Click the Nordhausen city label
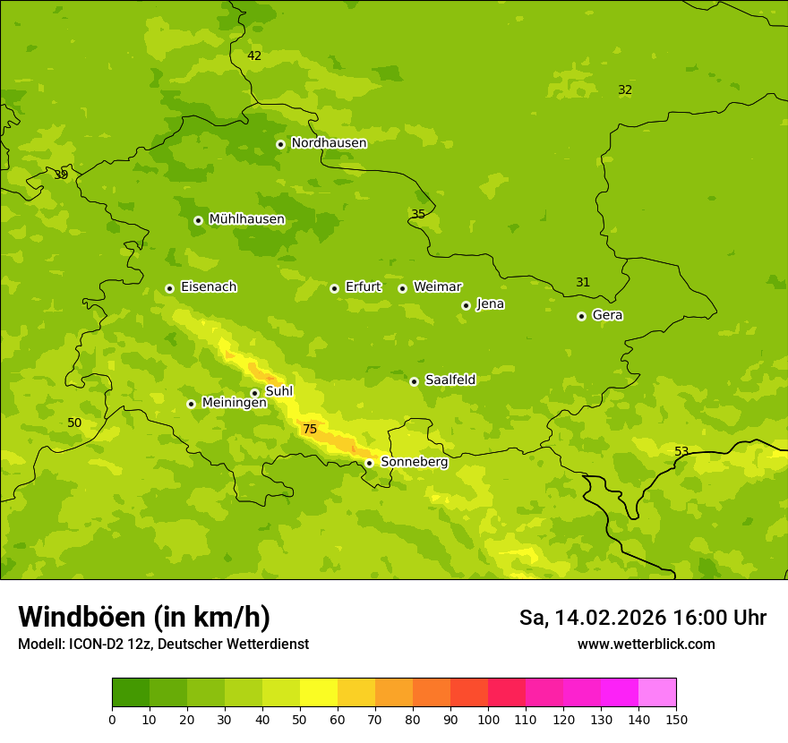click(329, 143)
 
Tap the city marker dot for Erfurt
click(334, 288)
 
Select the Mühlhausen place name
click(247, 219)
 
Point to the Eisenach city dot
click(169, 288)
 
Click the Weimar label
click(438, 287)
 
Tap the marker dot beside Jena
click(466, 305)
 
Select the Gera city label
click(608, 315)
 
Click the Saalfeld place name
click(450, 380)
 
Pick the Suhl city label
click(279, 391)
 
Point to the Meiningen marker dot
click(191, 404)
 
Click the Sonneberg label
click(415, 462)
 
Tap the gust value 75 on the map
click(310, 430)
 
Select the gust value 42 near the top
click(254, 56)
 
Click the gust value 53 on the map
click(681, 451)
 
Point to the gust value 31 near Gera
click(583, 282)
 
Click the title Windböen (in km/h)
click(144, 617)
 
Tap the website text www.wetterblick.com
click(647, 645)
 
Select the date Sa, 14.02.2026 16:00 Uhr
click(643, 618)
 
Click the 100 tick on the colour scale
click(488, 719)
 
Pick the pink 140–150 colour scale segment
click(657, 693)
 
